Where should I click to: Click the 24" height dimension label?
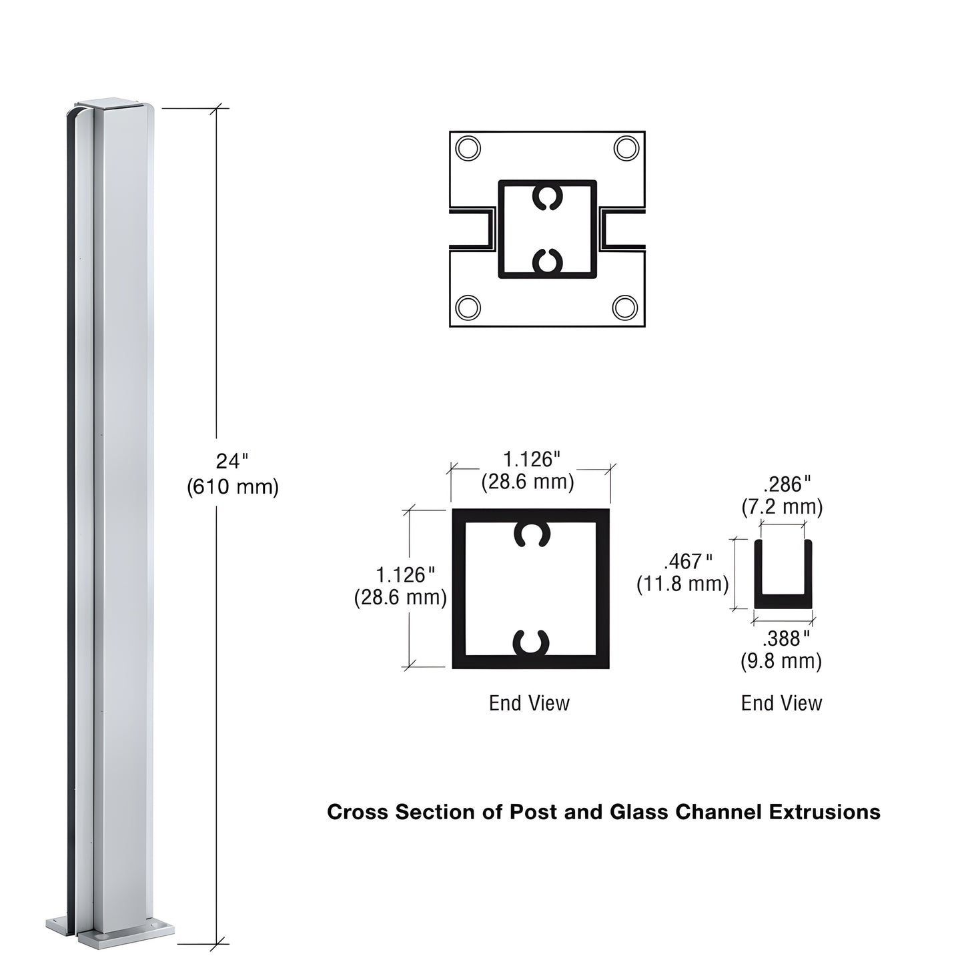[231, 461]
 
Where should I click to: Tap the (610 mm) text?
[232, 487]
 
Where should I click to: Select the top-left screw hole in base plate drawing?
[468, 148]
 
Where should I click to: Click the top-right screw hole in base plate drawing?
[626, 148]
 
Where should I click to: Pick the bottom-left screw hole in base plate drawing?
[468, 308]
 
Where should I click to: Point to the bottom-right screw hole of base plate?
[625, 308]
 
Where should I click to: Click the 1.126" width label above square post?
[530, 459]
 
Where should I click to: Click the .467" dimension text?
[686, 561]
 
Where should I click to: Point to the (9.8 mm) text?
[781, 661]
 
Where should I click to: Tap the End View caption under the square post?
[529, 703]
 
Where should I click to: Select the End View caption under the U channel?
[781, 703]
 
